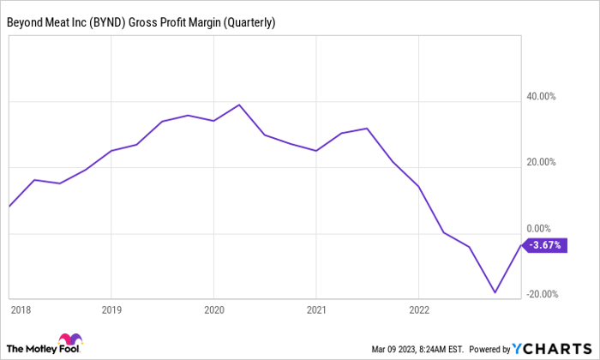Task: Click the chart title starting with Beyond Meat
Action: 141,22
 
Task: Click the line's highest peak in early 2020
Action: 239,105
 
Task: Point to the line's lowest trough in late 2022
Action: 495,292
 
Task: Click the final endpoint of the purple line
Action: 520,245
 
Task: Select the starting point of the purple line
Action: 9,207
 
